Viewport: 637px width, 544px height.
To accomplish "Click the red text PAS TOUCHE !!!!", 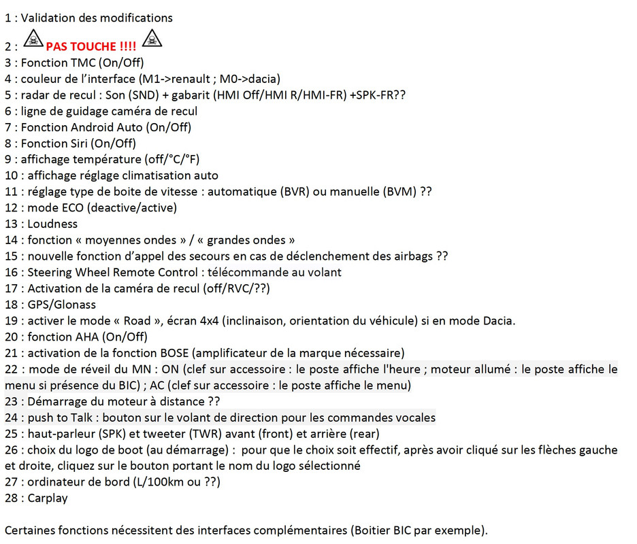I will click(91, 47).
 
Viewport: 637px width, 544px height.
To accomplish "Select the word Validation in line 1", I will click(48, 18).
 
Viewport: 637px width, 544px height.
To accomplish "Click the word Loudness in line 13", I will click(52, 224).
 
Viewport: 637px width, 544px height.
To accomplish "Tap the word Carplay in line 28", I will click(48, 498).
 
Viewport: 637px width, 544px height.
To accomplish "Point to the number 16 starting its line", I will click(11, 273).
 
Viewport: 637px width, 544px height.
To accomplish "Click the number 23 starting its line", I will click(11, 401).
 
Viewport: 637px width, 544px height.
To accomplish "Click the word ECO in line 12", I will click(69, 207).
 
